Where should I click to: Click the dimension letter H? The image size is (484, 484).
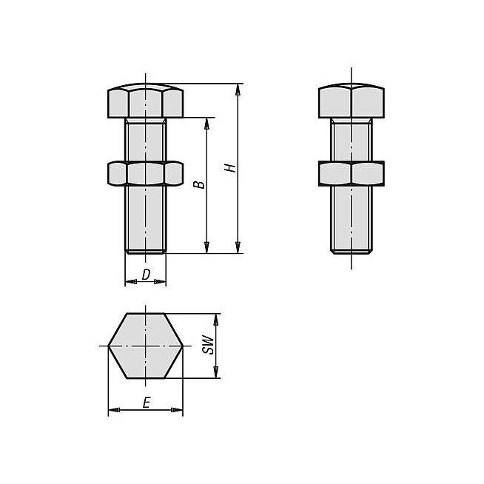coord(230,167)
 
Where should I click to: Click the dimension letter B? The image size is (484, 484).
coord(199,184)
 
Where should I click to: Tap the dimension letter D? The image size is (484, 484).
coord(146,275)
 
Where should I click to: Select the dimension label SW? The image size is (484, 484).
coord(208,345)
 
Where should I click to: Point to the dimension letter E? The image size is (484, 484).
coord(147,403)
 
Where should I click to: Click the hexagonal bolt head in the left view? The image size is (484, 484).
coord(145,101)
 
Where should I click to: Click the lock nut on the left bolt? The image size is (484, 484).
coord(145,173)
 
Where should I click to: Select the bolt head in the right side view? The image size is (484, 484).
coord(352,101)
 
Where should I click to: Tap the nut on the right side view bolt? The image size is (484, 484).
coord(352,173)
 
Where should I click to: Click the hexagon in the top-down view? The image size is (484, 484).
coord(145,346)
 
